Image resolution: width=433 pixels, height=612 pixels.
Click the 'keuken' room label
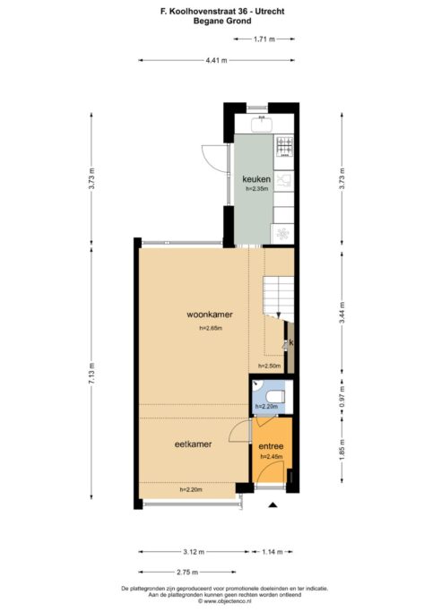click(x=256, y=179)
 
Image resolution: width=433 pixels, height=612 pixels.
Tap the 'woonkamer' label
click(x=210, y=315)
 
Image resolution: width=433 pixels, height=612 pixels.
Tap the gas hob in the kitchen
click(x=284, y=143)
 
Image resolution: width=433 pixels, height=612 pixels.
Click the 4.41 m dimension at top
click(x=216, y=60)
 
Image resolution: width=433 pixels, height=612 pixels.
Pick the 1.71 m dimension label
click(x=264, y=39)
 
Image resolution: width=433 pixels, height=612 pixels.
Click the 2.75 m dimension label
click(x=186, y=572)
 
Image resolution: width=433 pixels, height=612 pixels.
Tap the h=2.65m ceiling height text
click(x=210, y=330)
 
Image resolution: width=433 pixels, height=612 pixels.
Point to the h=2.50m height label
click(x=269, y=366)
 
